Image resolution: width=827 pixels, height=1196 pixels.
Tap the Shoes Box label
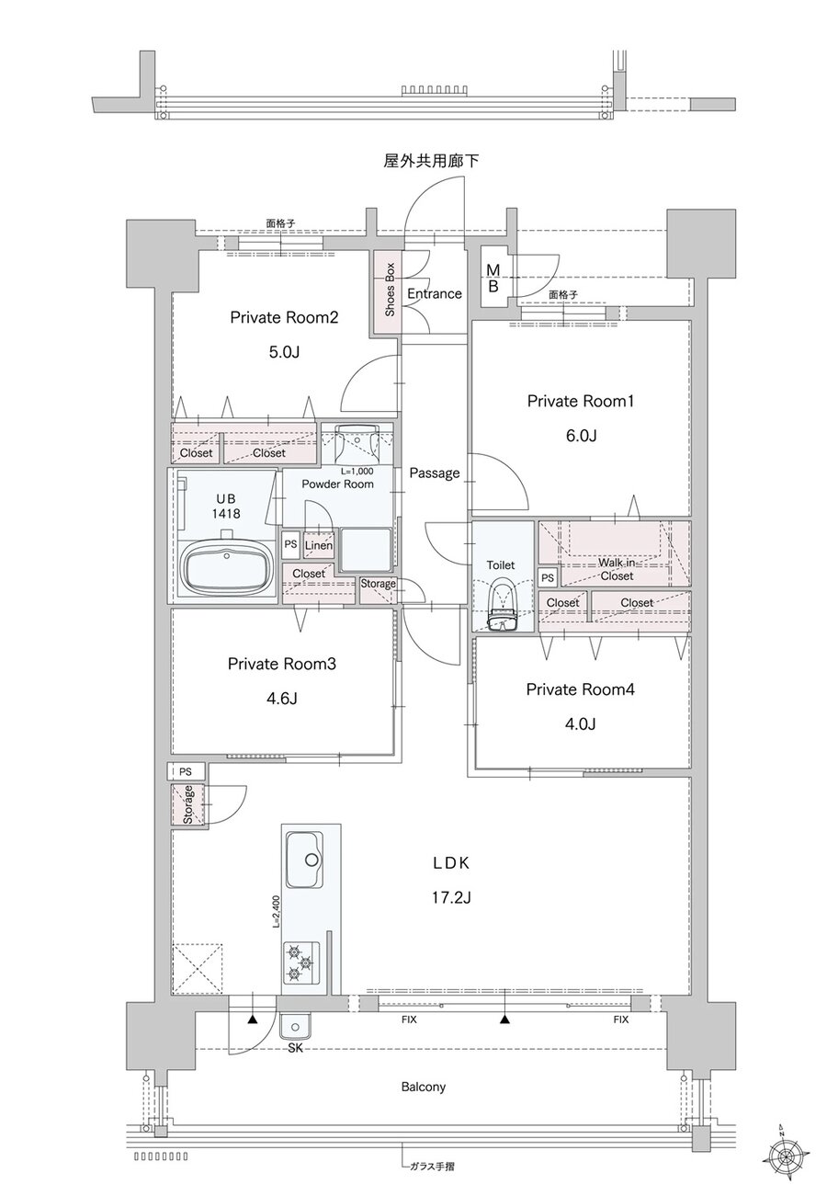390,290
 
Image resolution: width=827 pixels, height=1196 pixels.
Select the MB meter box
494,277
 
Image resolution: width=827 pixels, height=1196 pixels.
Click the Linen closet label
319,545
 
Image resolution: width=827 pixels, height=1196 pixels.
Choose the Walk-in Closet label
617,569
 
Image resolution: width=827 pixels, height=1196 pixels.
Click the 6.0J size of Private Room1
581,436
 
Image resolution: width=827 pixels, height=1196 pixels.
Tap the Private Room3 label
282,664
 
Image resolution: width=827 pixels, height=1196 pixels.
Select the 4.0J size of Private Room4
580,723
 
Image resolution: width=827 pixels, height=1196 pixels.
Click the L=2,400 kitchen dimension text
276,912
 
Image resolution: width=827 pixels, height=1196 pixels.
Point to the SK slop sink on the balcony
295,1026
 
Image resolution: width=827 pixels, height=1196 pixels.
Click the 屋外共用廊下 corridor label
431,161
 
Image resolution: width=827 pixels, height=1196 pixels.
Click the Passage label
435,473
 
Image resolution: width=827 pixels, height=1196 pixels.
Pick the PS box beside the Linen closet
290,544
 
